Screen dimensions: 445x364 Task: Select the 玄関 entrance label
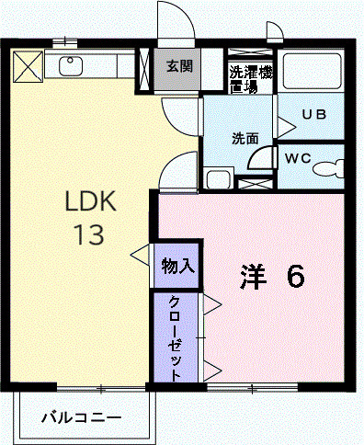[x=179, y=66]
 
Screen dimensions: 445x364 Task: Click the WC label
[x=297, y=158]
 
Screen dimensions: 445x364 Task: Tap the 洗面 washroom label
[x=244, y=139]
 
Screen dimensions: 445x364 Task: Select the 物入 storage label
[x=176, y=267]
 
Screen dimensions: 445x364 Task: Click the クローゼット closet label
[x=175, y=337]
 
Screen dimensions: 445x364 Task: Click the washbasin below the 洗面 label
[x=218, y=177]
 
